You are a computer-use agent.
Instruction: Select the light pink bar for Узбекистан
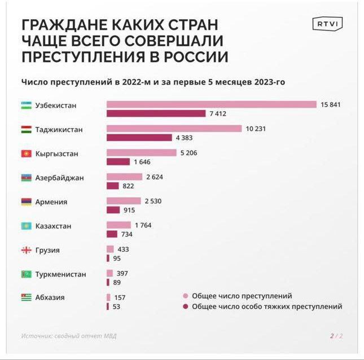point(211,104)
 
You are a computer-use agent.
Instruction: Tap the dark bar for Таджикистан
point(139,138)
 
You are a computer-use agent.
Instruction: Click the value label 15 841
point(331,104)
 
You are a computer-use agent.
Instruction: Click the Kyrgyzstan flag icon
point(26,153)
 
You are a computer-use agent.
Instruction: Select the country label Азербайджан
point(59,178)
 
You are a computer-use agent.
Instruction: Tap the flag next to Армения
point(26,202)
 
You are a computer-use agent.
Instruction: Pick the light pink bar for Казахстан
point(119,225)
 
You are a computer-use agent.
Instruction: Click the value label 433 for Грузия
point(124,249)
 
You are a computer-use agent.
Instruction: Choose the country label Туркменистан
point(60,274)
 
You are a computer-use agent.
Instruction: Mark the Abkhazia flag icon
point(26,297)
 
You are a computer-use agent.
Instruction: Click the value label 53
point(116,306)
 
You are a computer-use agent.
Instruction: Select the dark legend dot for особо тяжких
point(185,306)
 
